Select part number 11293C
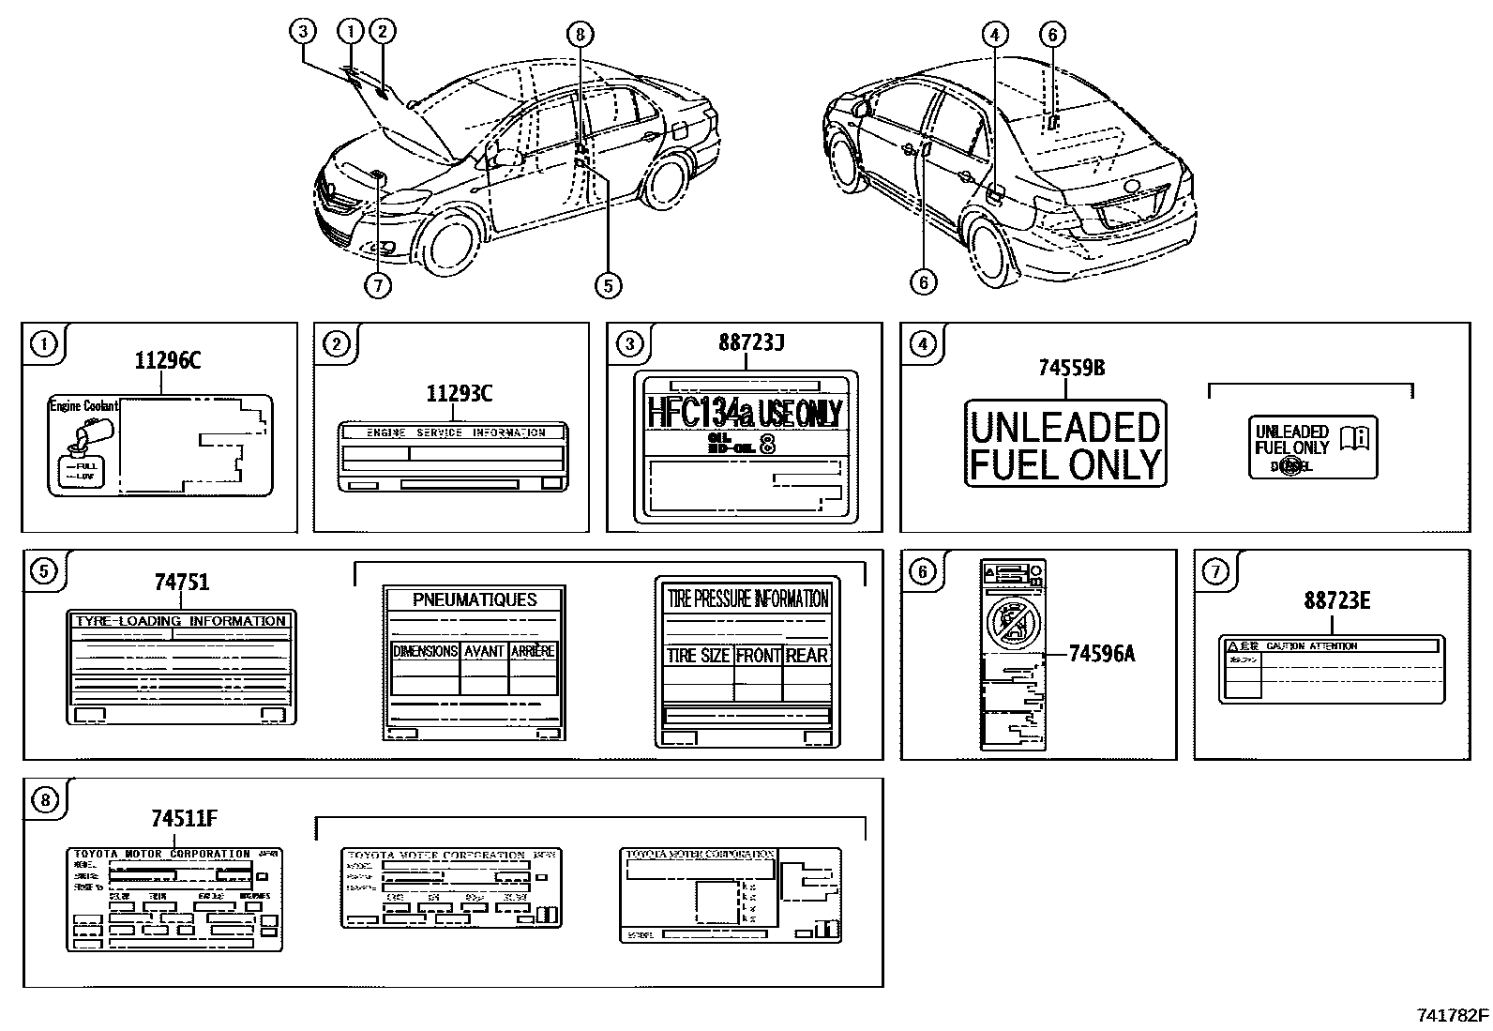(x=459, y=393)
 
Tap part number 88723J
(x=751, y=344)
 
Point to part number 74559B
(x=1071, y=369)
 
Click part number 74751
(x=182, y=583)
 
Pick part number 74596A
(x=1102, y=654)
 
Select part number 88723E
(x=1336, y=601)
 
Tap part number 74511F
(x=184, y=819)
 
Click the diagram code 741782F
(x=1451, y=1015)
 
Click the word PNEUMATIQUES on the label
(x=475, y=600)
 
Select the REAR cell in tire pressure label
(x=807, y=656)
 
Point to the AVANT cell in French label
(x=484, y=651)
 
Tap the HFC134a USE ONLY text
(x=746, y=413)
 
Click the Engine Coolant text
(x=83, y=406)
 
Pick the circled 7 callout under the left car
(x=377, y=284)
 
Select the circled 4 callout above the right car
(x=995, y=36)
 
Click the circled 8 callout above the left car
(x=580, y=36)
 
